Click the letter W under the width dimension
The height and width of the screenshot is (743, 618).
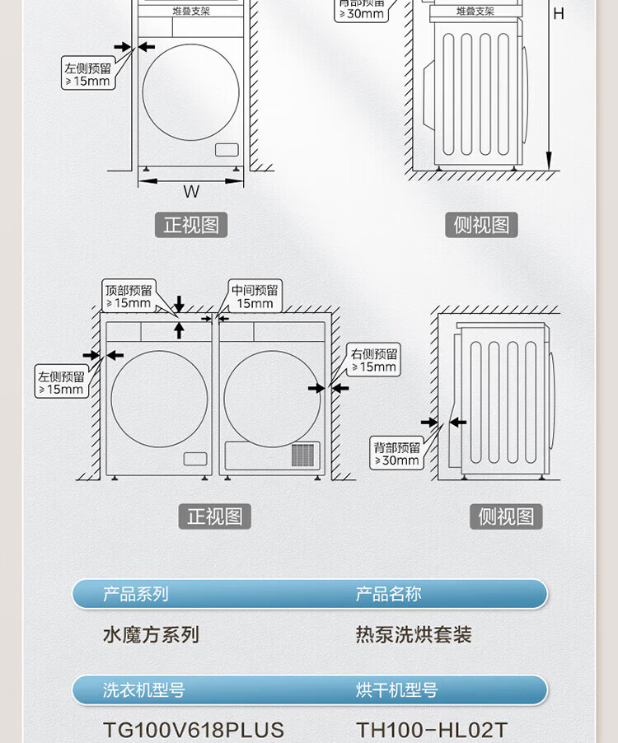(191, 192)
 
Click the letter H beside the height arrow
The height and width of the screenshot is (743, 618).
(559, 13)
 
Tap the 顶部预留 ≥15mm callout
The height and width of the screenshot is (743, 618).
(128, 297)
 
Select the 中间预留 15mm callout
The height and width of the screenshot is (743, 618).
(255, 297)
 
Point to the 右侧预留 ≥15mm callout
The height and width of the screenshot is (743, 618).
(374, 361)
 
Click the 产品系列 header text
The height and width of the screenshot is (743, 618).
(135, 594)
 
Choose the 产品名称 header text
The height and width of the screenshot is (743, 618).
(388, 594)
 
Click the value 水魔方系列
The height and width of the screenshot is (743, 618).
(151, 635)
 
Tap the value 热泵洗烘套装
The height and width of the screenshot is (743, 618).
(414, 635)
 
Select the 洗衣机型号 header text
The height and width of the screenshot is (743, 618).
(143, 690)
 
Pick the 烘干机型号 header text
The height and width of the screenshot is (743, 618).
(396, 690)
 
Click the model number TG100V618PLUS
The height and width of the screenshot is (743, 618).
(194, 731)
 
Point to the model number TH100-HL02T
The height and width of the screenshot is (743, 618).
(432, 731)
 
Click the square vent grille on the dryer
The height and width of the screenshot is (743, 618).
(303, 455)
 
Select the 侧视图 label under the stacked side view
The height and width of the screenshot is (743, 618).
(481, 225)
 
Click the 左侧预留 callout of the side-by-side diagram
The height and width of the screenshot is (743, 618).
(61, 383)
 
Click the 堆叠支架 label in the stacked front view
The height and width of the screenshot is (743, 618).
(191, 11)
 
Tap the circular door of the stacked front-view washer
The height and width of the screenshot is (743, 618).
(190, 92)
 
